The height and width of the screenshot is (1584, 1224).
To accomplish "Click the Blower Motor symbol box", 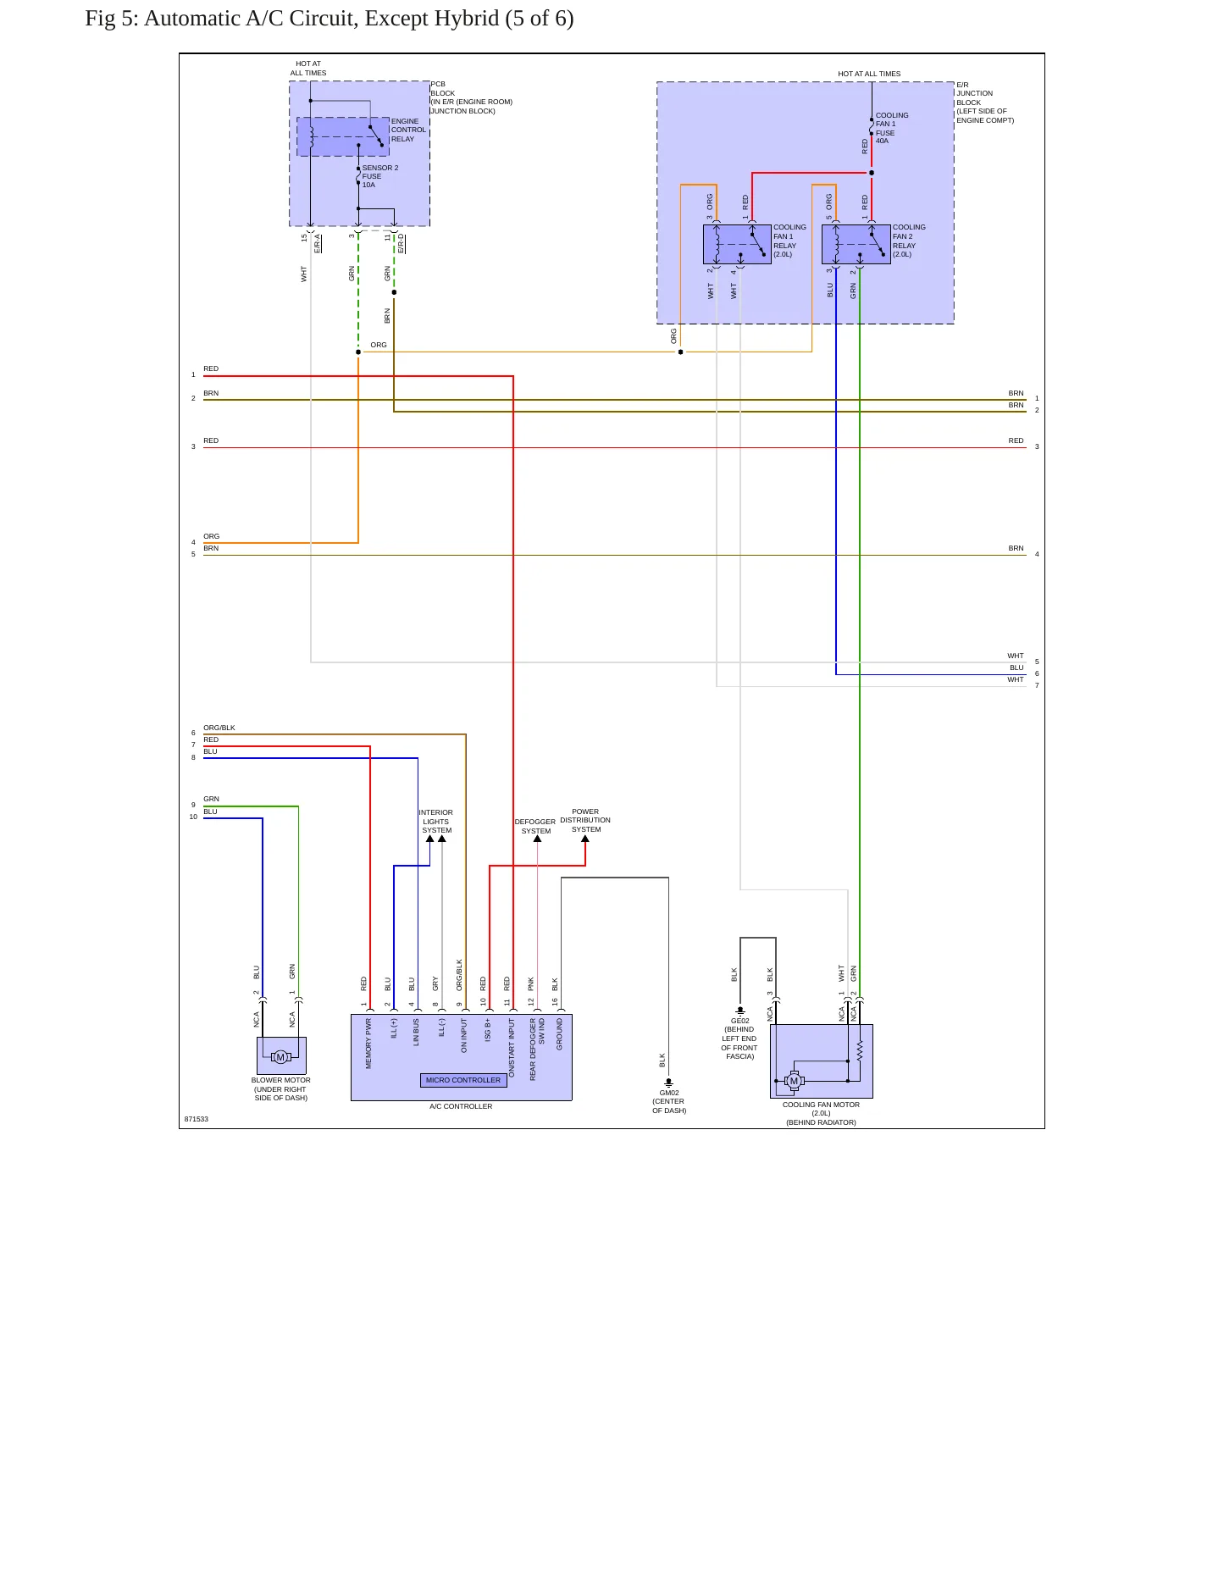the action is click(281, 1055).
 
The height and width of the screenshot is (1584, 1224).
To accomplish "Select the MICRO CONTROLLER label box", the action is click(463, 1080).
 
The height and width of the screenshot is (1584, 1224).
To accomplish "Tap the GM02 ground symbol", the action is click(669, 1082).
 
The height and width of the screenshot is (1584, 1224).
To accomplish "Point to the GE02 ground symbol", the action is click(740, 1011).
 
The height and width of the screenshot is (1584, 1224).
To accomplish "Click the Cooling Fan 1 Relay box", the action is click(737, 244).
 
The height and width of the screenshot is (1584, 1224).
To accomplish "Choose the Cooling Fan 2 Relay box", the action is click(856, 244).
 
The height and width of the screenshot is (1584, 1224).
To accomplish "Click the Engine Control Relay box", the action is click(343, 136).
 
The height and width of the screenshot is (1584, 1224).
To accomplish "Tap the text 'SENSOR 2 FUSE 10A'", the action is click(380, 176).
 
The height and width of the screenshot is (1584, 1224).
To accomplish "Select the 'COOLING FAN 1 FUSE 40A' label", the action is click(892, 128).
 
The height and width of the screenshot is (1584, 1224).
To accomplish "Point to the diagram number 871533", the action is click(197, 1119).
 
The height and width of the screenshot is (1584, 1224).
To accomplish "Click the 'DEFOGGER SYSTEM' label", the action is click(535, 826).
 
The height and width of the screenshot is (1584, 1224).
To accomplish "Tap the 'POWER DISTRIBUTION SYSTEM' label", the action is click(585, 820).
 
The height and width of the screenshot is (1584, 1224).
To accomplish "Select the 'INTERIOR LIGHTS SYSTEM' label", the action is click(436, 822).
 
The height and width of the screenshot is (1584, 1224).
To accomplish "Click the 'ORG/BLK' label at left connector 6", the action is click(219, 728).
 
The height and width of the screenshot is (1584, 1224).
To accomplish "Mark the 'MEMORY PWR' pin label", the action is click(368, 1044).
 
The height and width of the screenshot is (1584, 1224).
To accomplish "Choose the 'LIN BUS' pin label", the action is click(416, 1033).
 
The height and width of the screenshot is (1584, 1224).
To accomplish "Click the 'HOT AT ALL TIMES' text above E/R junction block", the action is click(869, 74).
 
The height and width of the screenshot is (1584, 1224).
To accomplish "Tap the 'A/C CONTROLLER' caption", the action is click(461, 1106).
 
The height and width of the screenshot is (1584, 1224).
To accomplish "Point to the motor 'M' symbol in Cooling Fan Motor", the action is click(794, 1081).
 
